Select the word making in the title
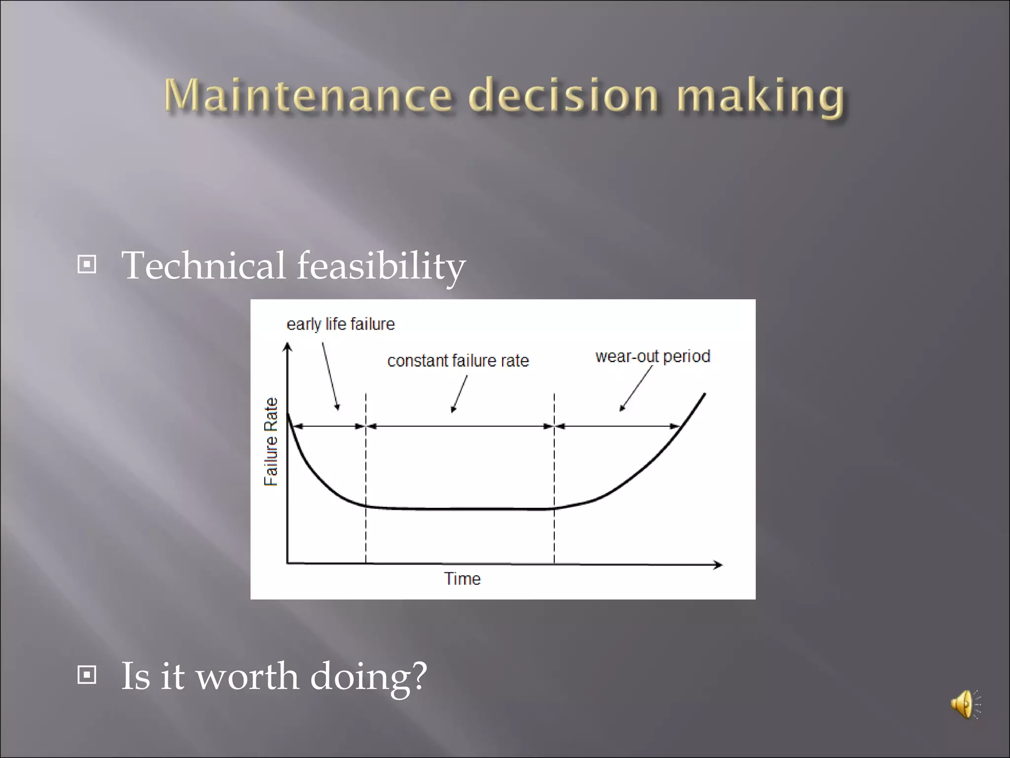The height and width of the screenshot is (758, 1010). [x=760, y=97]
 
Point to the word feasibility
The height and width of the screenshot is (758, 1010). [x=381, y=266]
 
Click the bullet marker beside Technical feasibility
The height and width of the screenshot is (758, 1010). [x=87, y=265]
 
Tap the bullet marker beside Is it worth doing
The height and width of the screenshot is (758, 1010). [x=87, y=675]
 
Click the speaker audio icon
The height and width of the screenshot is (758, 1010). [x=965, y=705]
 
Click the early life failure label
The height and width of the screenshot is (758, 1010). [x=340, y=324]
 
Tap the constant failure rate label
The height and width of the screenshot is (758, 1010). [x=458, y=361]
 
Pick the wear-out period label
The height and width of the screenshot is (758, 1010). [x=652, y=356]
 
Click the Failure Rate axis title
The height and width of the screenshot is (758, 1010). [x=271, y=442]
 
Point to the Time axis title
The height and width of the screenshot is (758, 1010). [x=462, y=578]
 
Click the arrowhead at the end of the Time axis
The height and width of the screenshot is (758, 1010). [x=719, y=565]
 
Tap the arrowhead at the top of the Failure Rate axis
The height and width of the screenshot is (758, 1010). [x=287, y=347]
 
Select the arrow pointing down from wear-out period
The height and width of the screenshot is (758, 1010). [x=636, y=388]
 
